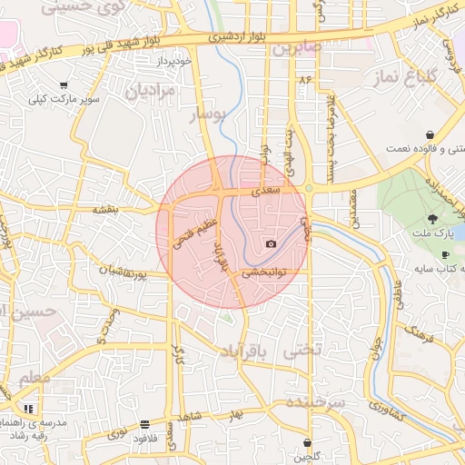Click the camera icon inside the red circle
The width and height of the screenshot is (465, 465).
coord(271,243)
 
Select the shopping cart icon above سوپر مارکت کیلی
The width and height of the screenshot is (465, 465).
coord(63,85)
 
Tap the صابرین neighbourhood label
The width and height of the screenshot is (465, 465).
coord(295,46)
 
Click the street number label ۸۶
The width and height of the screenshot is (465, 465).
coord(303,81)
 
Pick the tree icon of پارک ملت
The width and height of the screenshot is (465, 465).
coord(432,218)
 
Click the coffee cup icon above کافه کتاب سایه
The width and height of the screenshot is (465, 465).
coord(445,254)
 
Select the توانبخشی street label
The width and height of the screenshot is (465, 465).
coord(264,271)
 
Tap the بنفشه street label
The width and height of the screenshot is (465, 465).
coord(105,209)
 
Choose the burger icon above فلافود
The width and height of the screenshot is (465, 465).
coord(145,424)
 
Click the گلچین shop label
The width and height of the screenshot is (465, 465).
coord(307,457)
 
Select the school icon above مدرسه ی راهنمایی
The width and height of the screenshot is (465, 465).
coord(28,410)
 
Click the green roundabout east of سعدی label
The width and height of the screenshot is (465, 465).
coord(309,189)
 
